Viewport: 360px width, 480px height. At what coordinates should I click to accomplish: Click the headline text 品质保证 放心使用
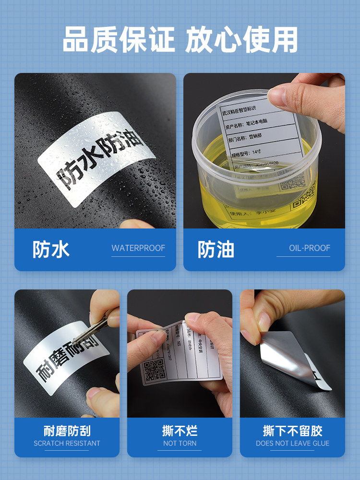coord(180,39)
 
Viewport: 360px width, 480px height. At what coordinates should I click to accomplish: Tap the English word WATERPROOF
coord(138,248)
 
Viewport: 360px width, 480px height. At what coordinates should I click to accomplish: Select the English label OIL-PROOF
coord(310,248)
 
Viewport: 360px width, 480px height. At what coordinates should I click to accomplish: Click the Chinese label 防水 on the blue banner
coord(51,249)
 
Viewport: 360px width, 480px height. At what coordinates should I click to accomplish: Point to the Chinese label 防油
coord(216,249)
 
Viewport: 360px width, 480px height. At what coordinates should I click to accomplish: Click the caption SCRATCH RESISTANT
coord(67,444)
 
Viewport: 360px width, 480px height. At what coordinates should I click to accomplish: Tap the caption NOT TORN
coord(180,444)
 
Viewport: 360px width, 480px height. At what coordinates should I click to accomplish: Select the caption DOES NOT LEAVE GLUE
coord(292,444)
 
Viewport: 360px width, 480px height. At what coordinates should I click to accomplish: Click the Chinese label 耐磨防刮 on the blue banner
coord(67,431)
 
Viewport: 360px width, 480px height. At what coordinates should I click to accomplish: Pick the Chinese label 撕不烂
coord(180,431)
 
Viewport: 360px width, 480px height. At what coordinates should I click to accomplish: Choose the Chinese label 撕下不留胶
coord(292,431)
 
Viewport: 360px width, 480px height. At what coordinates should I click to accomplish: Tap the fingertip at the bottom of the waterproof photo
coord(137,224)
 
